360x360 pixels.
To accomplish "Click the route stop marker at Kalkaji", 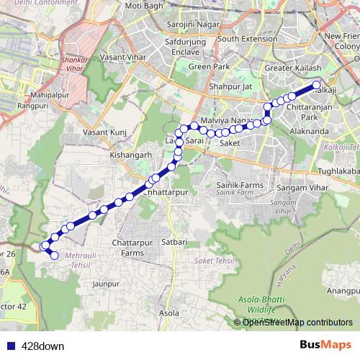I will (316, 86).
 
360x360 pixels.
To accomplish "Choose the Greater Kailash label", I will (289, 68).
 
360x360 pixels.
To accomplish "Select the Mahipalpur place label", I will (49, 94).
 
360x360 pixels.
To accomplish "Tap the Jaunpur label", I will (106, 284).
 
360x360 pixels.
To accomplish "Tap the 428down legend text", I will (42, 346).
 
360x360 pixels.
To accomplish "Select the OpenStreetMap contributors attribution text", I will (297, 323).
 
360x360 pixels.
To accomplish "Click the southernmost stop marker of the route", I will (54, 255).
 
